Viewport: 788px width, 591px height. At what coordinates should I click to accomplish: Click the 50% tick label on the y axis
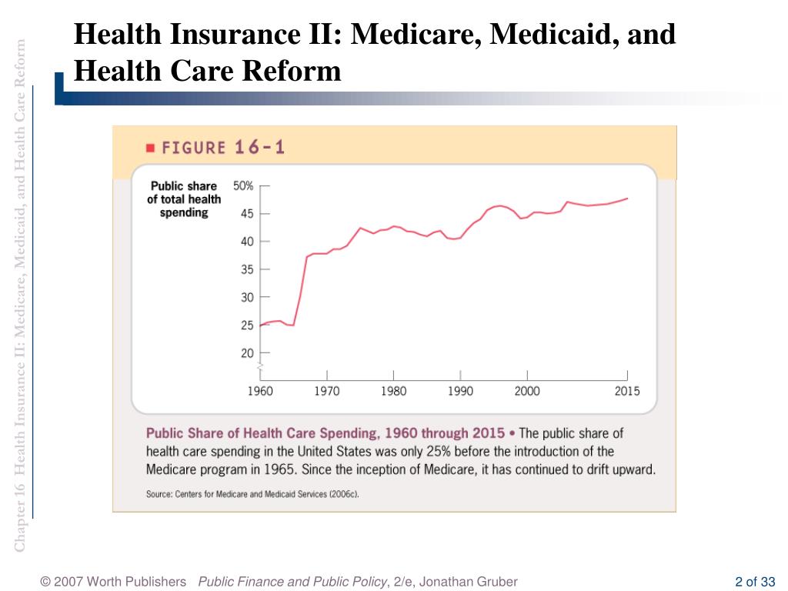click(243, 186)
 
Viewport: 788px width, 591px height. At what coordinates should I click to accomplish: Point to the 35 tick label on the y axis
click(247, 270)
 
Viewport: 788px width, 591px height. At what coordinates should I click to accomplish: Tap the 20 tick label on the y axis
click(247, 353)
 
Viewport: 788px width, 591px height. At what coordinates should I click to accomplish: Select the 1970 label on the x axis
click(326, 391)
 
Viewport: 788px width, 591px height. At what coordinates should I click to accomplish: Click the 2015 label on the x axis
click(627, 391)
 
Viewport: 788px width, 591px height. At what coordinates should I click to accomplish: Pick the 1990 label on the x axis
click(460, 391)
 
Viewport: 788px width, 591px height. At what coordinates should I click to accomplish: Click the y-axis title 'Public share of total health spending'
click(184, 199)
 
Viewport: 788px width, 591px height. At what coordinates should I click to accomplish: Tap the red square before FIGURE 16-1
click(150, 148)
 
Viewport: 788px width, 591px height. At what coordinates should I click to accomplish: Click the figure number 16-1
click(260, 147)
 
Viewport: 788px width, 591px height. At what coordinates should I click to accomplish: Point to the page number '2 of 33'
click(756, 582)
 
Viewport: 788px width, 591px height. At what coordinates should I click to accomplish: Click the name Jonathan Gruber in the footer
click(469, 582)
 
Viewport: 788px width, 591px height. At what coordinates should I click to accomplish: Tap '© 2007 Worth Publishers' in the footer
click(113, 582)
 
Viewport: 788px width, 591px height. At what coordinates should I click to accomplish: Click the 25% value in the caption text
click(438, 451)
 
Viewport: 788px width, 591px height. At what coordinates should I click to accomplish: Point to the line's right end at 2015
click(627, 199)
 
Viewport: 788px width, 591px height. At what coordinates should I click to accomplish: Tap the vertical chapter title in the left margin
click(19, 295)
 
